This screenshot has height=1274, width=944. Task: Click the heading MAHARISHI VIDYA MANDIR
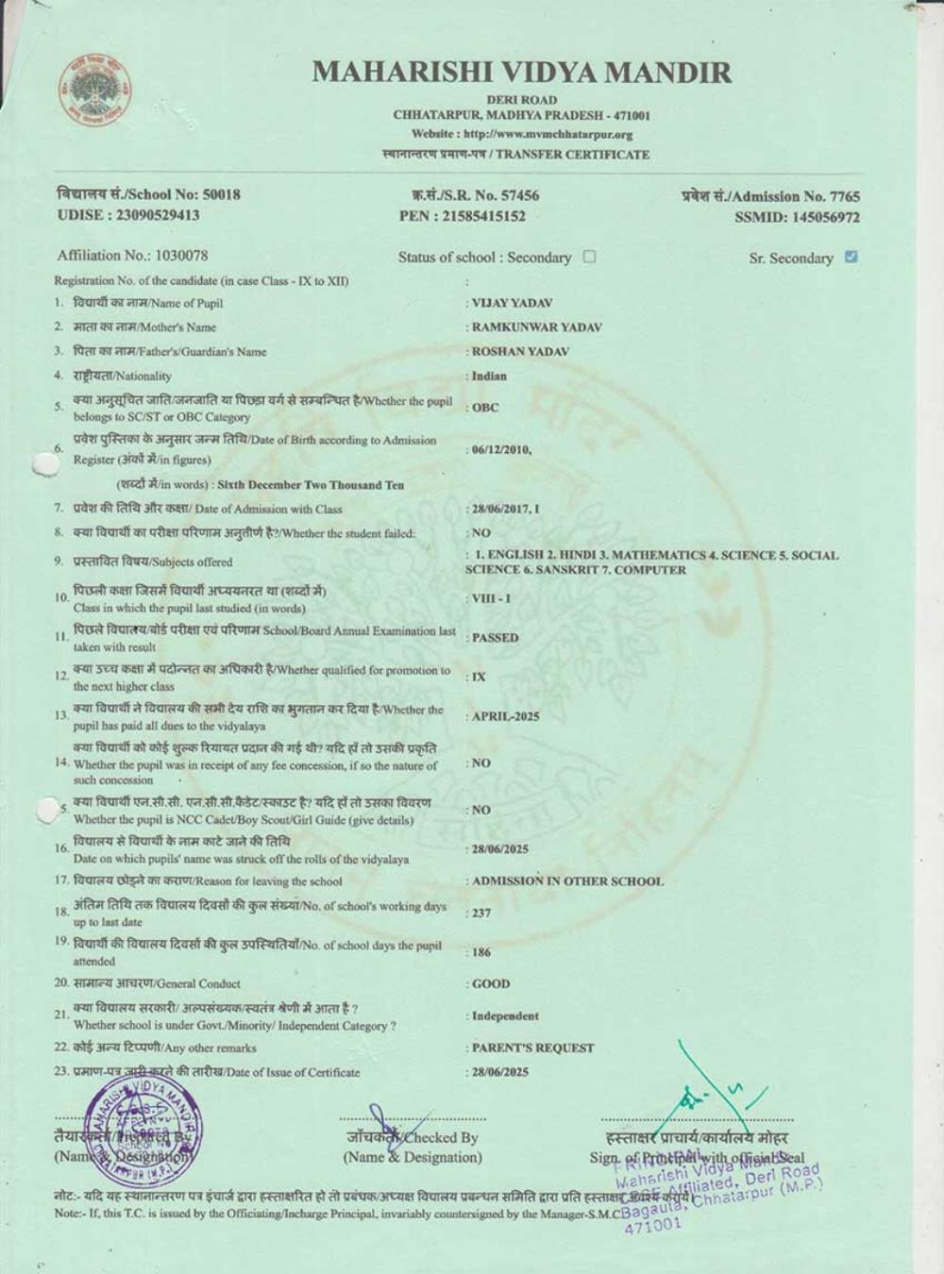point(521,73)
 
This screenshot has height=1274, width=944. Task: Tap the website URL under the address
point(522,134)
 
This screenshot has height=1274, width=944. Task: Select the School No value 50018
point(222,194)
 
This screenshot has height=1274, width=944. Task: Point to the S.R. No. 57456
point(518,195)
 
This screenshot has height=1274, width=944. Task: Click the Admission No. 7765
point(844,196)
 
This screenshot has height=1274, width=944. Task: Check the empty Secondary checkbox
point(590,257)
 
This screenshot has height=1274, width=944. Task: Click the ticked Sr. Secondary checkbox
point(851,257)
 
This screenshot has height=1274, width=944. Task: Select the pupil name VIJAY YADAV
point(512,303)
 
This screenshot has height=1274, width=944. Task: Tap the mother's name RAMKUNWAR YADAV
point(536,327)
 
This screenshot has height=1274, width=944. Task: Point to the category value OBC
point(485,408)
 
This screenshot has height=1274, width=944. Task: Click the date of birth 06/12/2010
point(501,450)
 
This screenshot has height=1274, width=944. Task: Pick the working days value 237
point(481,913)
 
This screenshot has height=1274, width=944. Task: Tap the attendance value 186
point(481,952)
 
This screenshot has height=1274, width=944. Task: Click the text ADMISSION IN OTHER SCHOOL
point(567,881)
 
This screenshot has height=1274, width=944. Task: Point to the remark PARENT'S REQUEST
point(533,1048)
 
